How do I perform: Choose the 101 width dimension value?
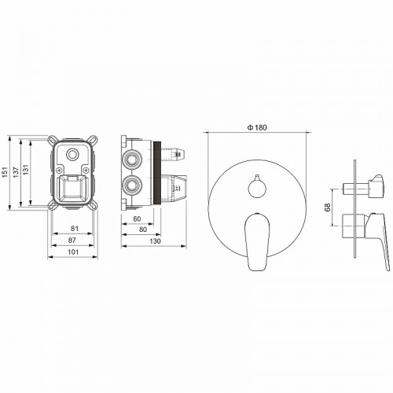click(73, 251)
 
